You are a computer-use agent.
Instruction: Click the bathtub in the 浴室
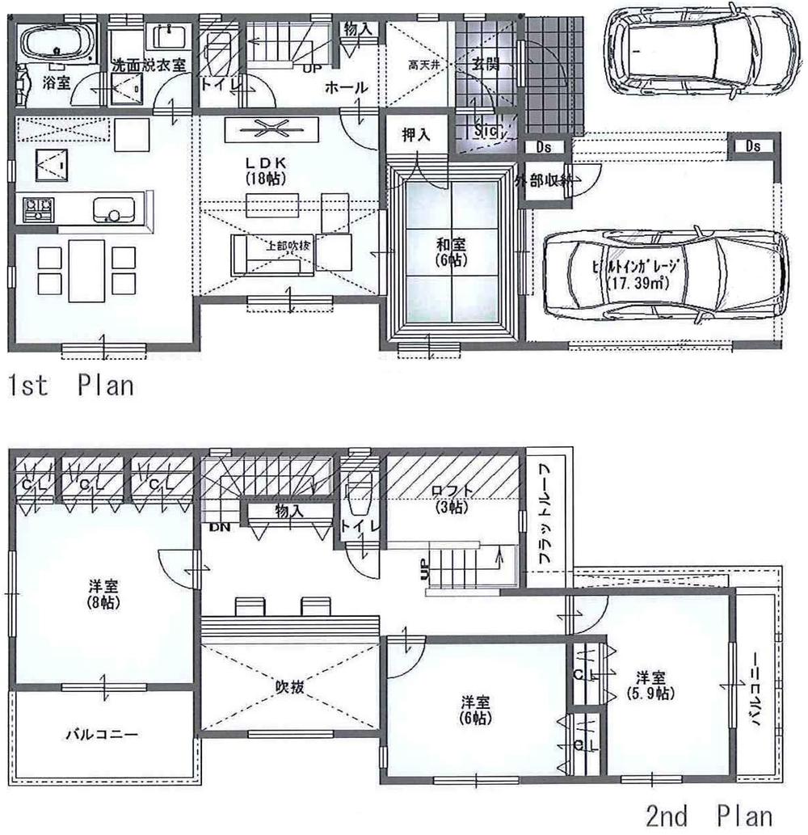[x=56, y=40]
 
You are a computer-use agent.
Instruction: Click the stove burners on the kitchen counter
[x=36, y=209]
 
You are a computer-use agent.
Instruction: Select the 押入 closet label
[x=417, y=134]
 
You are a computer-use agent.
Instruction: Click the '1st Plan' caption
[x=70, y=385]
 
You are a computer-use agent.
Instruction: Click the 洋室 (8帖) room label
[x=101, y=593]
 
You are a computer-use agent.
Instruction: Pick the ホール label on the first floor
[x=347, y=87]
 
